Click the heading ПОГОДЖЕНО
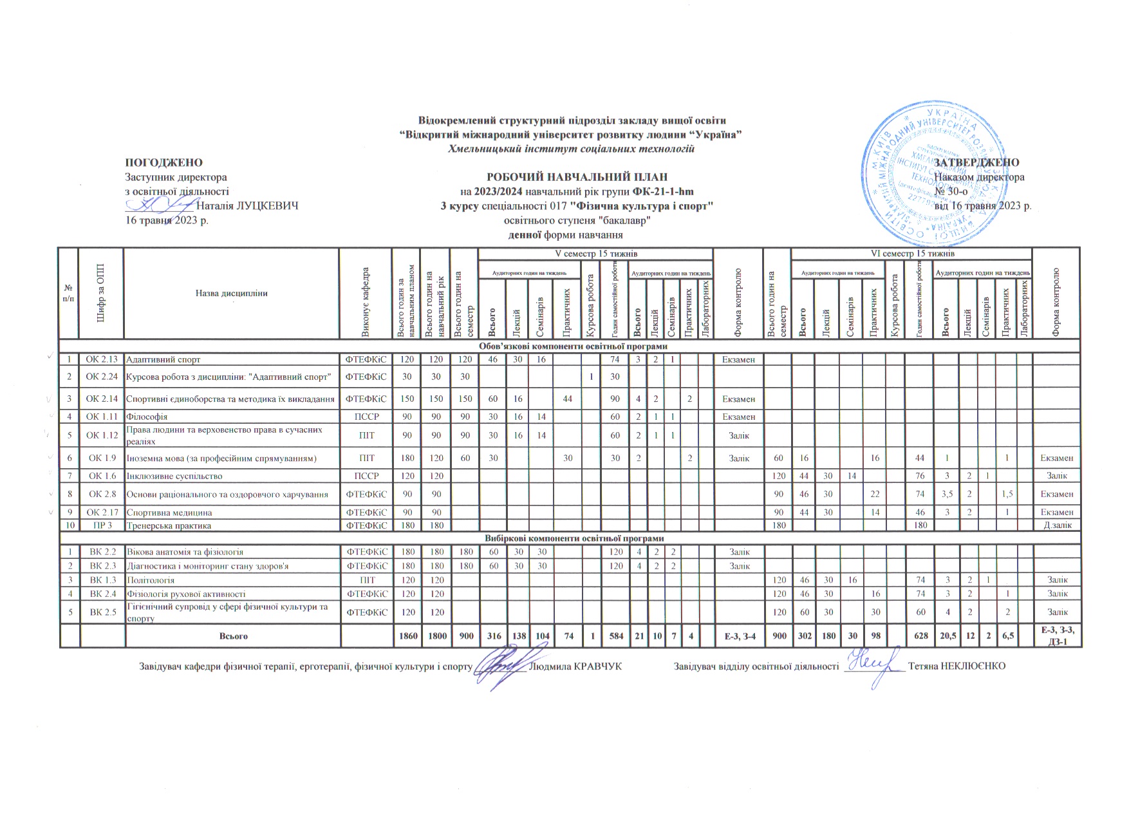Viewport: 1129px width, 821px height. [163, 163]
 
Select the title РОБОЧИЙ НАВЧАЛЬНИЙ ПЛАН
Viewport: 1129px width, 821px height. [576, 176]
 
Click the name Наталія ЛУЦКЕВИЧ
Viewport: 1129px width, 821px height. [247, 206]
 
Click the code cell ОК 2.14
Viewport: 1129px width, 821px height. [102, 399]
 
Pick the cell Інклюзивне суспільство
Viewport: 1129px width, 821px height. [174, 476]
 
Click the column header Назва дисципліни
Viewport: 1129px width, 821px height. [231, 294]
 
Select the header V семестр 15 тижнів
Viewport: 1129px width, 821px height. [595, 254]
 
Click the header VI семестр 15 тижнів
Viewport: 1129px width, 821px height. [911, 254]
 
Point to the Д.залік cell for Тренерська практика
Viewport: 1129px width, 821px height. [1056, 525]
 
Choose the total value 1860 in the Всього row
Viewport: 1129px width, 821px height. [407, 636]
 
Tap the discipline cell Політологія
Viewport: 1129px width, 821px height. [151, 580]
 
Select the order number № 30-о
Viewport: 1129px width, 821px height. [951, 191]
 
